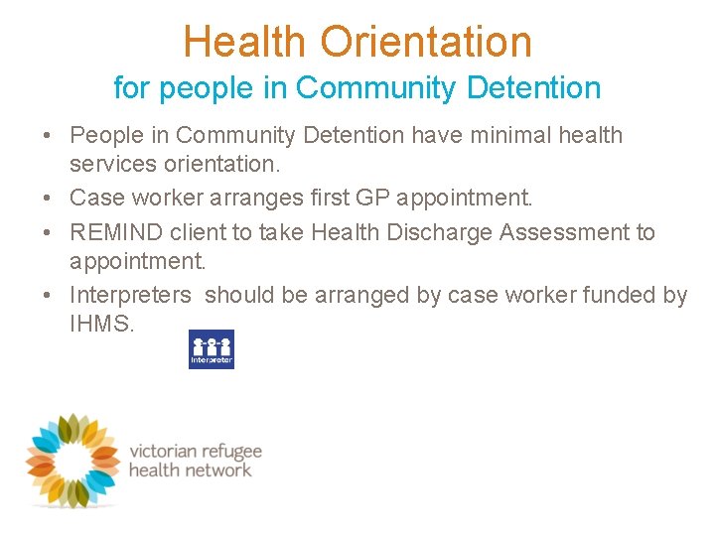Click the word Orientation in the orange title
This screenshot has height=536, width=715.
(427, 42)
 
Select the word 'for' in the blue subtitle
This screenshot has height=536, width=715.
(130, 87)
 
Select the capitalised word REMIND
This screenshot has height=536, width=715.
(113, 232)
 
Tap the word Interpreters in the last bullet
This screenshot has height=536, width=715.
(130, 295)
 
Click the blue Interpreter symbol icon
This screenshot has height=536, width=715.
(212, 349)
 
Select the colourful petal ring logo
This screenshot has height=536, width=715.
(72, 460)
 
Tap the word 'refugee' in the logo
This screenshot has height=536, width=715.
(231, 451)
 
